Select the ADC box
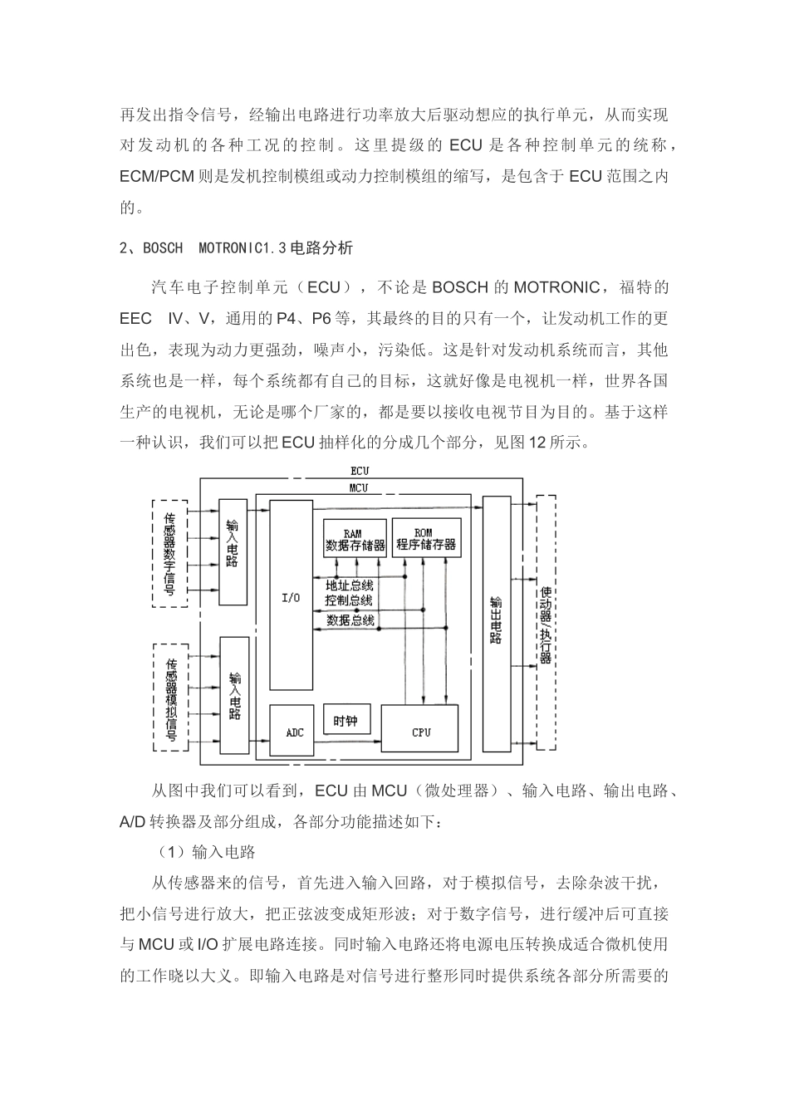[x=295, y=731]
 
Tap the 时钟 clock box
[x=345, y=721]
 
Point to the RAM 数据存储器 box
[x=355, y=539]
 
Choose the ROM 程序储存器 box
[x=426, y=538]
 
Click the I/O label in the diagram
[x=292, y=597]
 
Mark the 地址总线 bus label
[x=350, y=585]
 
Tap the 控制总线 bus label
[x=350, y=600]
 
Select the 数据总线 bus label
[x=350, y=619]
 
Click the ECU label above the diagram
[x=360, y=471]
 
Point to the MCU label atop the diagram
[x=359, y=487]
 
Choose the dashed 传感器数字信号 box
[x=170, y=553]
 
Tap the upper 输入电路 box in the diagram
[x=233, y=551]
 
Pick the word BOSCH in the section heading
[x=163, y=247]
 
